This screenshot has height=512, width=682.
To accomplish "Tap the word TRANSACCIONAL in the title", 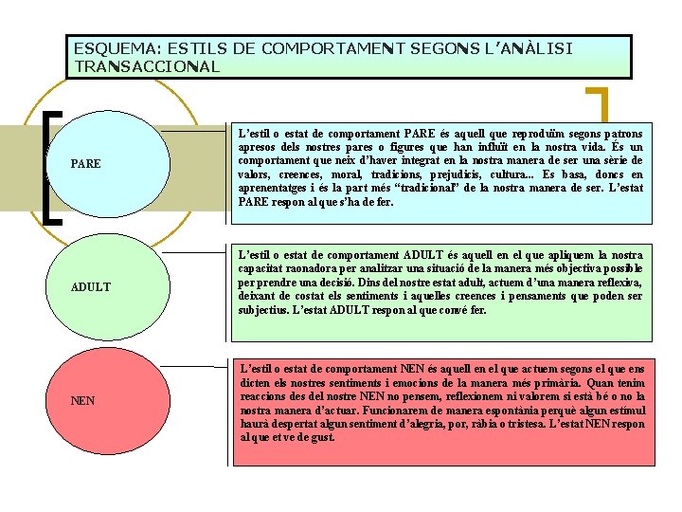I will point(147,66).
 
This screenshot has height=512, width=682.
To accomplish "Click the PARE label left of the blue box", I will point(86,165).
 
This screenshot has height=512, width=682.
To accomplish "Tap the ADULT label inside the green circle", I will point(91,286).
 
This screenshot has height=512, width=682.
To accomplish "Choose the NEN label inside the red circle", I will point(83,401).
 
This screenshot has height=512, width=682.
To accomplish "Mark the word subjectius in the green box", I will point(267,310).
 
